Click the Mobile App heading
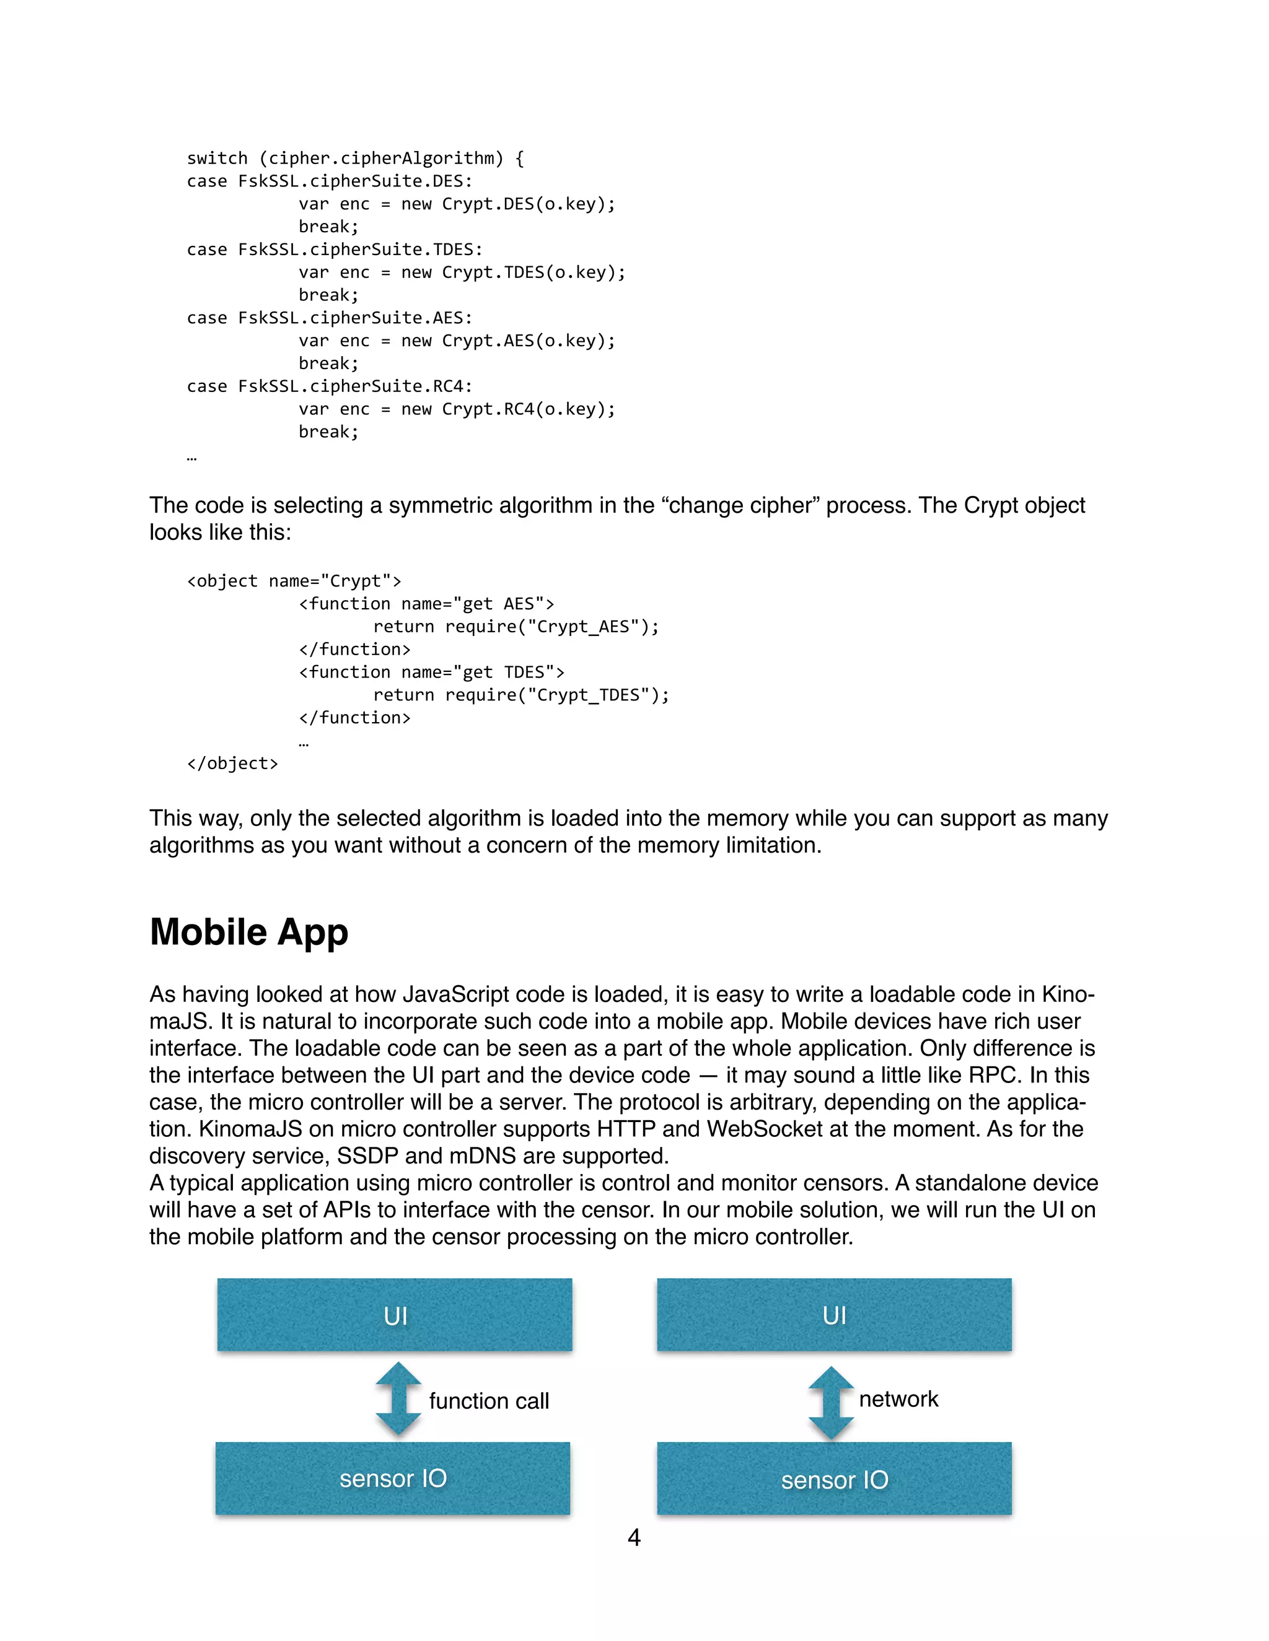pyautogui.click(x=249, y=933)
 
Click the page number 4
pyautogui.click(x=634, y=1538)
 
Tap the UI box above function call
pyautogui.click(x=395, y=1315)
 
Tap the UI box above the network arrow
pyautogui.click(x=834, y=1315)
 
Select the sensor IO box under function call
pyautogui.click(x=392, y=1478)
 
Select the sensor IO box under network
pyautogui.click(x=834, y=1479)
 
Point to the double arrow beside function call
pyautogui.click(x=398, y=1399)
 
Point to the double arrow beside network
pyautogui.click(x=831, y=1402)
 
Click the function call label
pyautogui.click(x=489, y=1401)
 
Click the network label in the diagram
pyautogui.click(x=898, y=1399)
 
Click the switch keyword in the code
pyautogui.click(x=217, y=159)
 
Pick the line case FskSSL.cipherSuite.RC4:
pyautogui.click(x=329, y=386)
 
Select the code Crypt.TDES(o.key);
pyautogui.click(x=534, y=272)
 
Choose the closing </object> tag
pyautogui.click(x=232, y=764)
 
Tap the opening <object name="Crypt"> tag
pyautogui.click(x=294, y=581)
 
